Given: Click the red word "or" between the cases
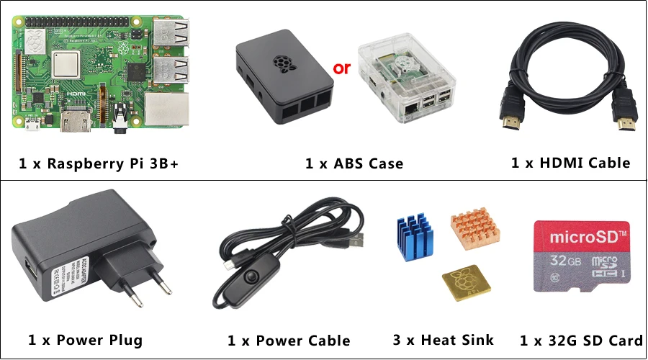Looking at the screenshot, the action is (x=341, y=69).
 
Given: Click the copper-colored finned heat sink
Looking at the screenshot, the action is (x=475, y=229).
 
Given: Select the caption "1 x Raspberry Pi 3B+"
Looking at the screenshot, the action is (x=98, y=164).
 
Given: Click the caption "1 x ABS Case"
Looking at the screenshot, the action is (x=354, y=164).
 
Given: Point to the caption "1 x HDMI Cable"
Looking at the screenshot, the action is (x=570, y=163).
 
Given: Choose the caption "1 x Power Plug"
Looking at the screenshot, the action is (x=86, y=340).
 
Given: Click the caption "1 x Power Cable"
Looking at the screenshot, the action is (x=289, y=341).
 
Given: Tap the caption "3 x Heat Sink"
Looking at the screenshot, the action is (x=444, y=340).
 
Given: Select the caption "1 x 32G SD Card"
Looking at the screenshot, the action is (x=581, y=341).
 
